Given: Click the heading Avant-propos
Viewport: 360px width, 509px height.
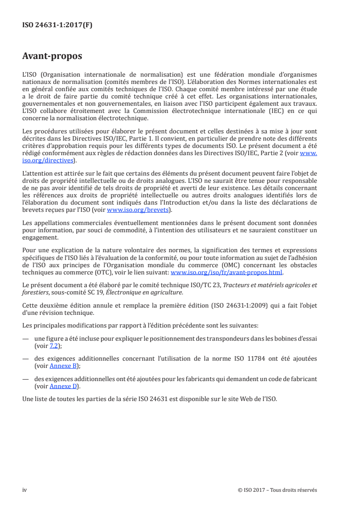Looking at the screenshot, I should coord(52,56).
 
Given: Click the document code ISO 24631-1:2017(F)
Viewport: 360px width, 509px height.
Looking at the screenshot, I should coord(57,25).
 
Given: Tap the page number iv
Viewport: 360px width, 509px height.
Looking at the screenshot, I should coord(25,490).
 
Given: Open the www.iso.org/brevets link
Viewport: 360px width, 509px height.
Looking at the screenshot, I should coord(138,210).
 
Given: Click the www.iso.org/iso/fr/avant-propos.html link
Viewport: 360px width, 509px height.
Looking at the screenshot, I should coord(226,273).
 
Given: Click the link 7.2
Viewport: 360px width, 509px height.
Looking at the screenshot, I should coord(53,345).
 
